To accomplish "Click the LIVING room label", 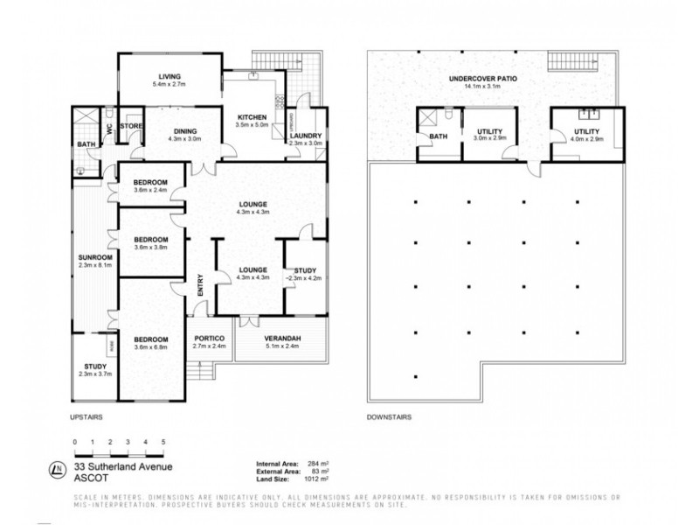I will point(162,74).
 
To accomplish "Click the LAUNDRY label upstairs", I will point(307,136).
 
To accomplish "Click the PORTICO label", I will point(209,338).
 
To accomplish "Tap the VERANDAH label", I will point(281,338).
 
